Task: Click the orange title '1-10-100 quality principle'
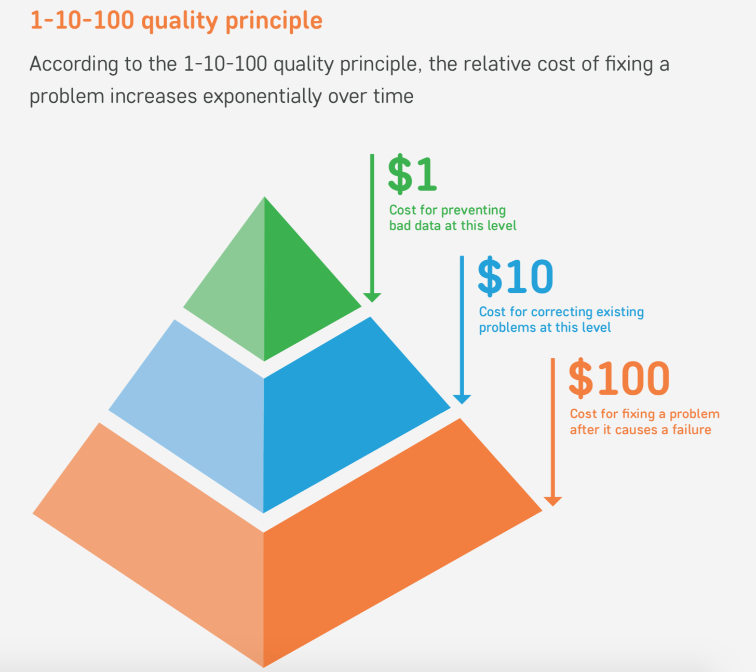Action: (176, 21)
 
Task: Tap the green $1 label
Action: (412, 174)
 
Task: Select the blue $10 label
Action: (515, 276)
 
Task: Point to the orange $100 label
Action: (619, 379)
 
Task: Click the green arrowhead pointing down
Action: (372, 298)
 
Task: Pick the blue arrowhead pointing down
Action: (462, 399)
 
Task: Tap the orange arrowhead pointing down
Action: (553, 501)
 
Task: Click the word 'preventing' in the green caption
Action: (474, 210)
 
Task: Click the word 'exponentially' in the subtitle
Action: (262, 97)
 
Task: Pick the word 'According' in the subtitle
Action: (74, 64)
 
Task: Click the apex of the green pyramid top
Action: (265, 197)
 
